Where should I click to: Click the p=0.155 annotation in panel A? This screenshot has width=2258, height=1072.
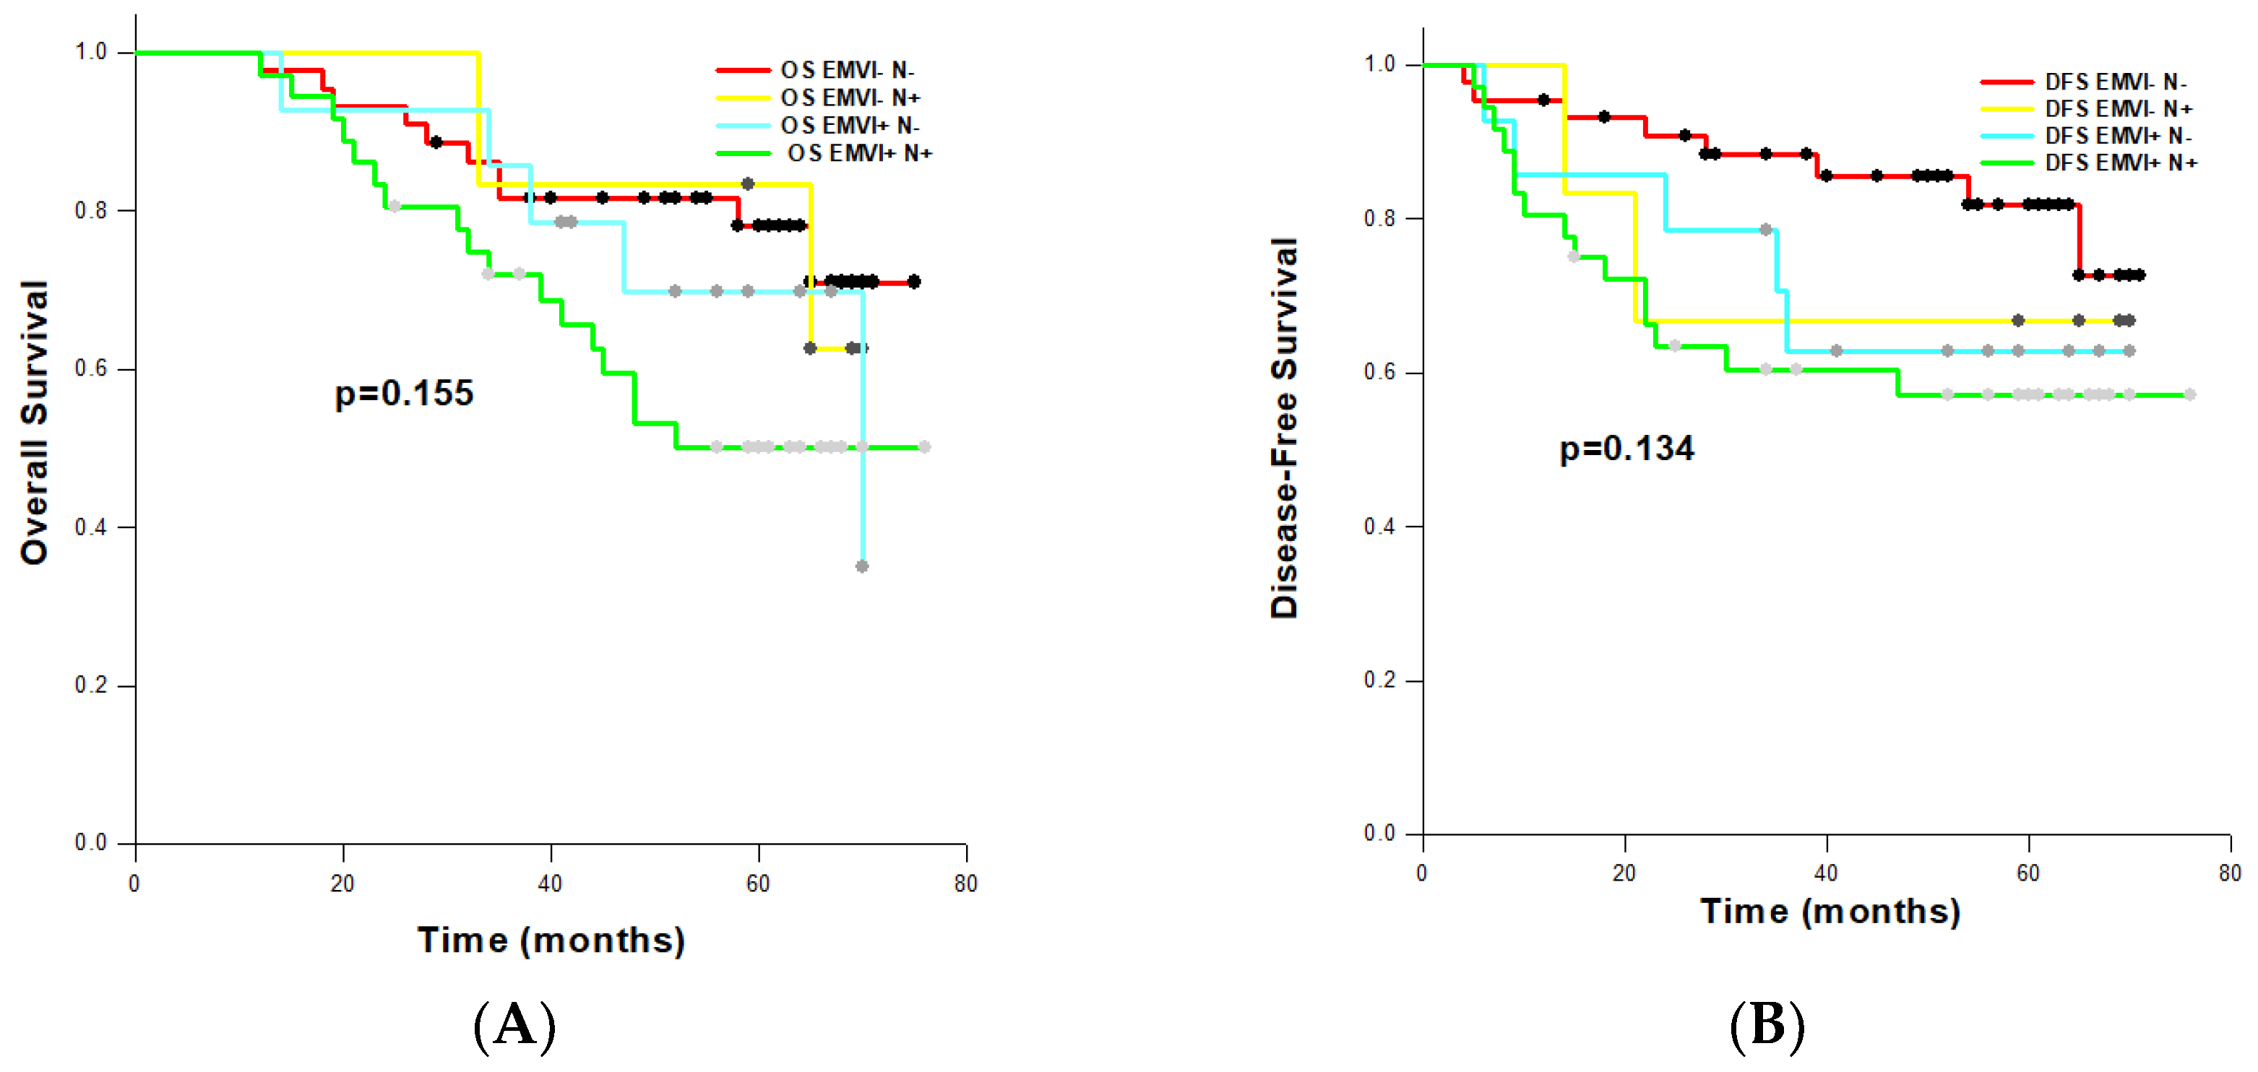(x=404, y=393)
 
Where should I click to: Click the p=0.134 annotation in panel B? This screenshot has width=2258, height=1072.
(x=1627, y=448)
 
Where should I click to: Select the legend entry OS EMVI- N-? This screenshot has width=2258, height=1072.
(x=847, y=70)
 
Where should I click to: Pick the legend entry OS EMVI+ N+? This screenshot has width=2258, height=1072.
(x=859, y=153)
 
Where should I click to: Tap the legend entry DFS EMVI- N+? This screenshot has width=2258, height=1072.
(x=2118, y=108)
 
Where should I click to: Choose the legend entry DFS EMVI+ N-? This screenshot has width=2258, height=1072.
(x=2118, y=136)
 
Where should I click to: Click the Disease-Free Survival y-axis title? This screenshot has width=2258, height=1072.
(x=1284, y=428)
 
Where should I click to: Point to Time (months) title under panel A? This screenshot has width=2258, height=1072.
(x=551, y=940)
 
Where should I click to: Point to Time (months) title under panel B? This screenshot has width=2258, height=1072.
(x=1830, y=911)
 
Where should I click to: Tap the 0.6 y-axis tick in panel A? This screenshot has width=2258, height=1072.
(x=91, y=369)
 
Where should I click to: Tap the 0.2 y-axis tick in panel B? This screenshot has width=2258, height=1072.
(x=1379, y=680)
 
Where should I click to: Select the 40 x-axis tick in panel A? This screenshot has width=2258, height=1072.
(x=550, y=883)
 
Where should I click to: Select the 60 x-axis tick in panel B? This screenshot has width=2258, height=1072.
(x=2028, y=873)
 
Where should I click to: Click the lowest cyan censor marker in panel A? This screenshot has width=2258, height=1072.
(x=861, y=566)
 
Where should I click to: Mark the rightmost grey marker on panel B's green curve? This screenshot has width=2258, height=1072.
(x=2189, y=394)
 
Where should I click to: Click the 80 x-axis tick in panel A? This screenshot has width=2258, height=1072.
(x=965, y=883)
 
